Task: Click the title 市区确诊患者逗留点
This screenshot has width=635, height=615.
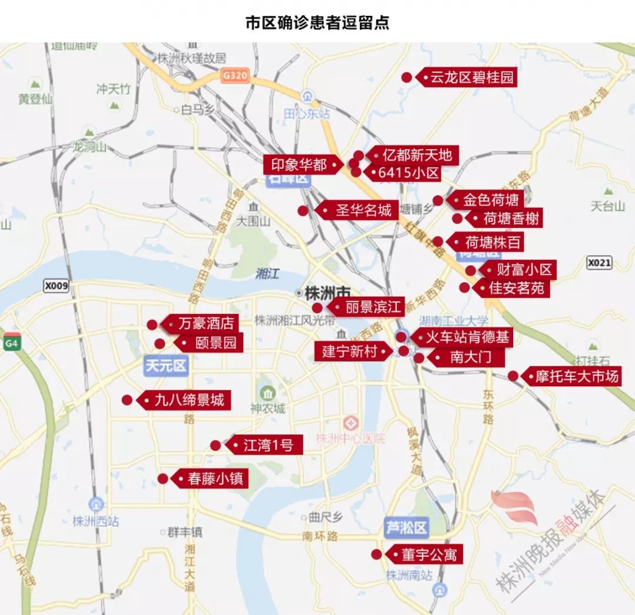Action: (317, 23)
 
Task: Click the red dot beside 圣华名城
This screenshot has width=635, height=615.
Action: (303, 210)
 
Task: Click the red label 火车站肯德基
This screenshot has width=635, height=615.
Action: (467, 337)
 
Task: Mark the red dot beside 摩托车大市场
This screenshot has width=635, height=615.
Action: (513, 376)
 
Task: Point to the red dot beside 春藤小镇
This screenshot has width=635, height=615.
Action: (163, 479)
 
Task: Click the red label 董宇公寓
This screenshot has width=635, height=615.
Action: (428, 554)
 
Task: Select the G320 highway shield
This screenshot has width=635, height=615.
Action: (235, 76)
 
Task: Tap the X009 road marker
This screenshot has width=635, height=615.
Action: (56, 286)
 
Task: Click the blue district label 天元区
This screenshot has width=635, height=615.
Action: (166, 366)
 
